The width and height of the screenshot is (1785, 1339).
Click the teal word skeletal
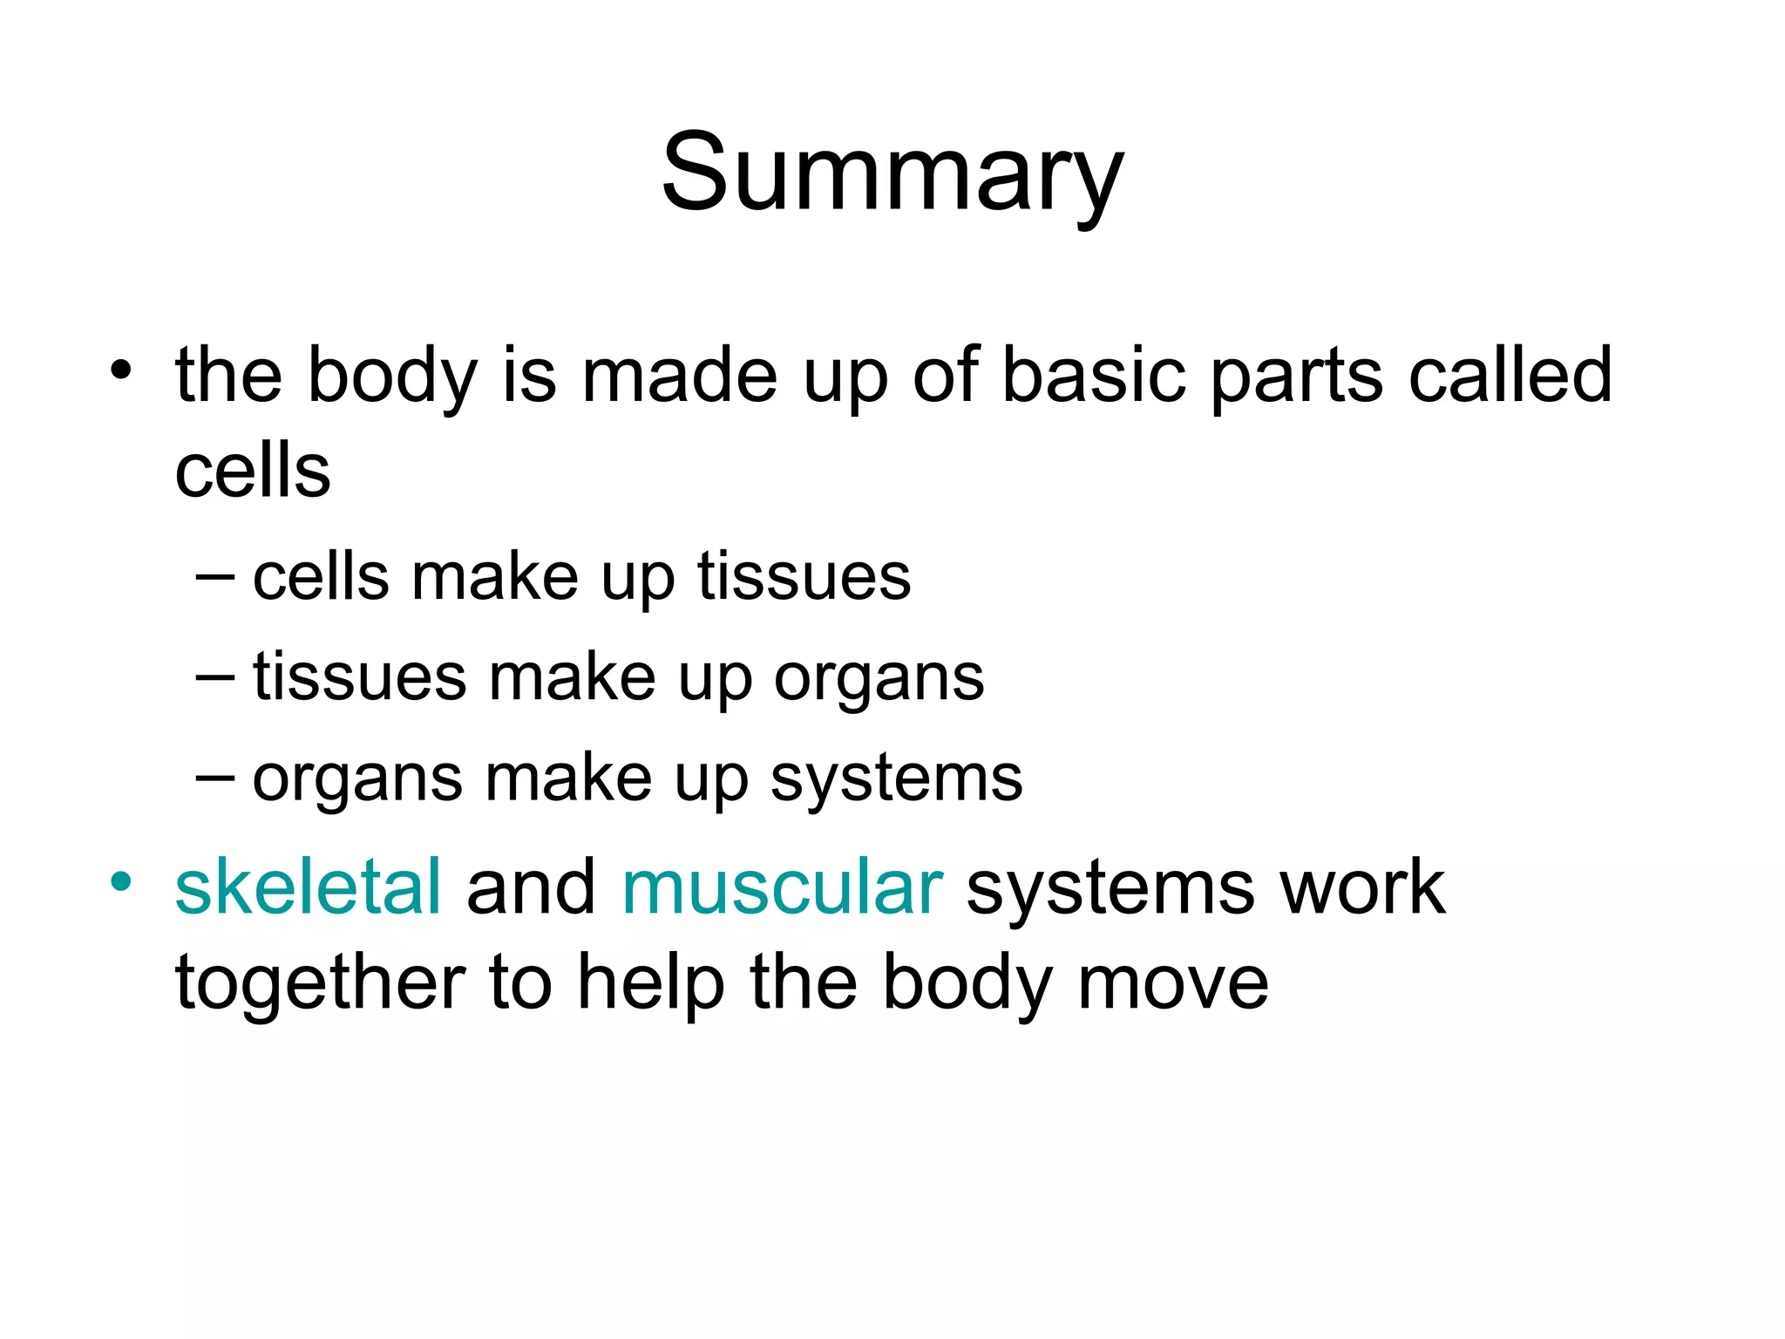coord(308,887)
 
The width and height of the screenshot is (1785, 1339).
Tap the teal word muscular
coord(782,887)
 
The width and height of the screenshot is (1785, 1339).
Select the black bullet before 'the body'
coord(121,370)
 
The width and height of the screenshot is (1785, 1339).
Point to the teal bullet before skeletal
coord(121,881)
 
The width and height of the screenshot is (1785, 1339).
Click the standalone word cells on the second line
coord(253,472)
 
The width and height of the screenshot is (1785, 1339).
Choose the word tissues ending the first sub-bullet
coord(804,577)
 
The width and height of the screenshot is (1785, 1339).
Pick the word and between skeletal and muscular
coord(531,887)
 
